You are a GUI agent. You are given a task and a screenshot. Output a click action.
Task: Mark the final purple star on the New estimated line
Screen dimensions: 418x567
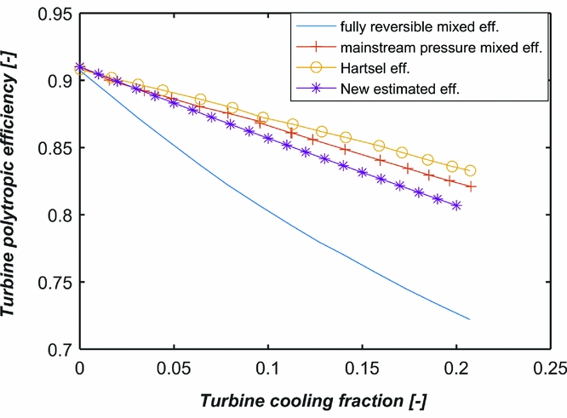(x=457, y=205)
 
